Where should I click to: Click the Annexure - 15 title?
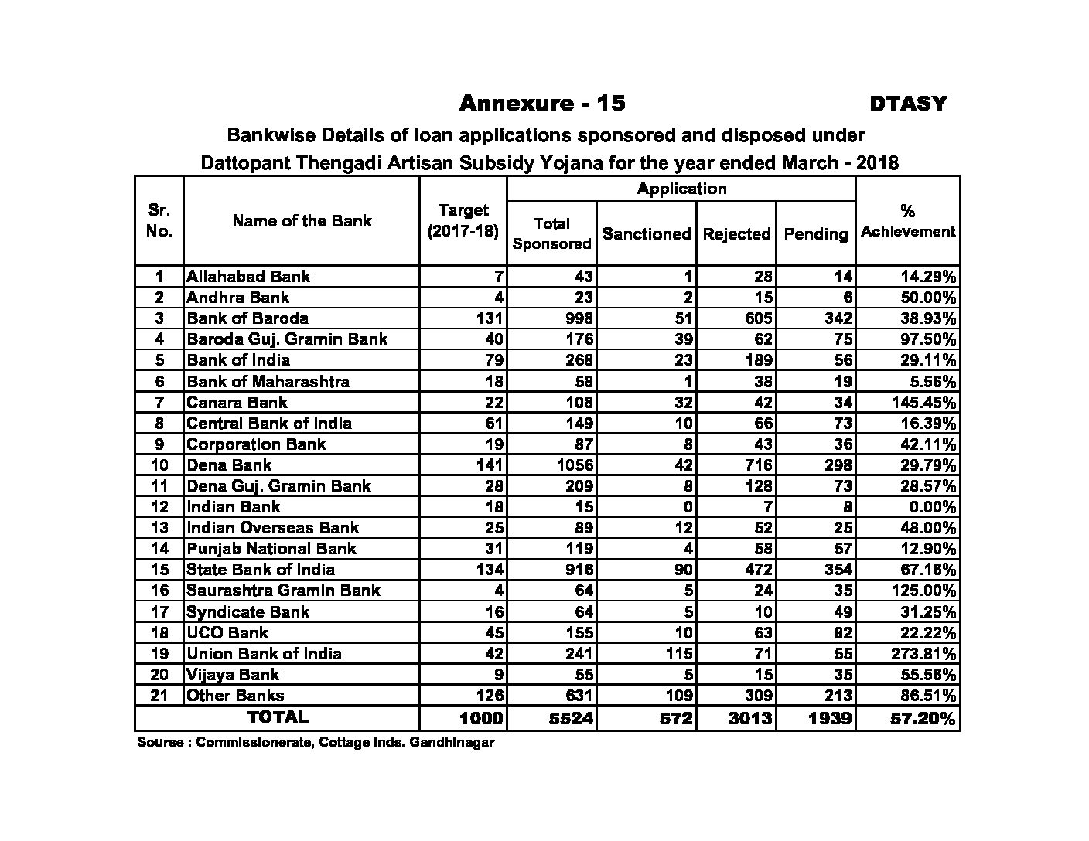click(542, 103)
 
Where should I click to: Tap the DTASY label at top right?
click(907, 104)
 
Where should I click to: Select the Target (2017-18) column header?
click(463, 221)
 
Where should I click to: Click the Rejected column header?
click(736, 233)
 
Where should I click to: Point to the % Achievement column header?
click(908, 221)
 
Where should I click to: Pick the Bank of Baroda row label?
click(247, 318)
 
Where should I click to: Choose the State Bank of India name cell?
click(261, 570)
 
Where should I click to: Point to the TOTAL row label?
click(278, 717)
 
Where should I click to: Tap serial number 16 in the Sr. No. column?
click(159, 591)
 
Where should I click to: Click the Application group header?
click(681, 189)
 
